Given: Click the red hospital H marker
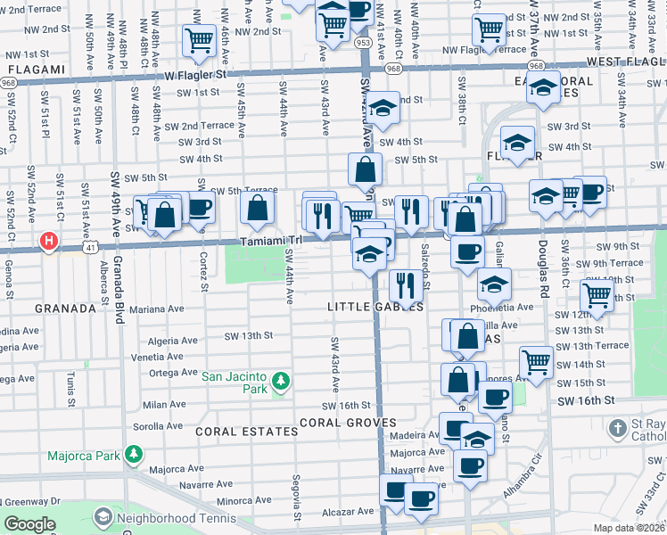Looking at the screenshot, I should pos(49,241).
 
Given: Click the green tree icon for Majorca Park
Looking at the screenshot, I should pos(134,454).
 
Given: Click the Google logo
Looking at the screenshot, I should pos(29,524).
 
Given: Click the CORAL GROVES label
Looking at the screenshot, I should pos(348,422).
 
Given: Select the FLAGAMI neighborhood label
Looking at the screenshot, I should pos(33,69).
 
